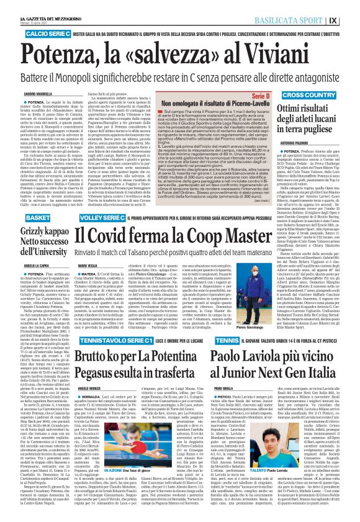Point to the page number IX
click(350, 20)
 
